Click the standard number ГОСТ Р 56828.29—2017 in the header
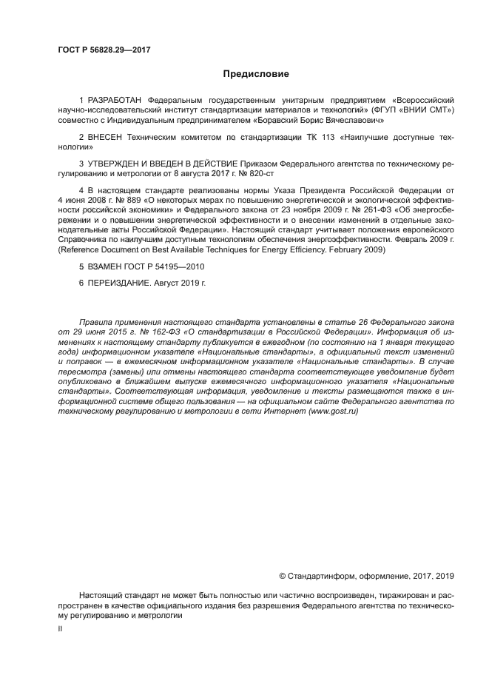(99, 50)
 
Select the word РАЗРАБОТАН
(116, 99)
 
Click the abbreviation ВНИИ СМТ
(425, 110)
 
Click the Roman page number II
(60, 628)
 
